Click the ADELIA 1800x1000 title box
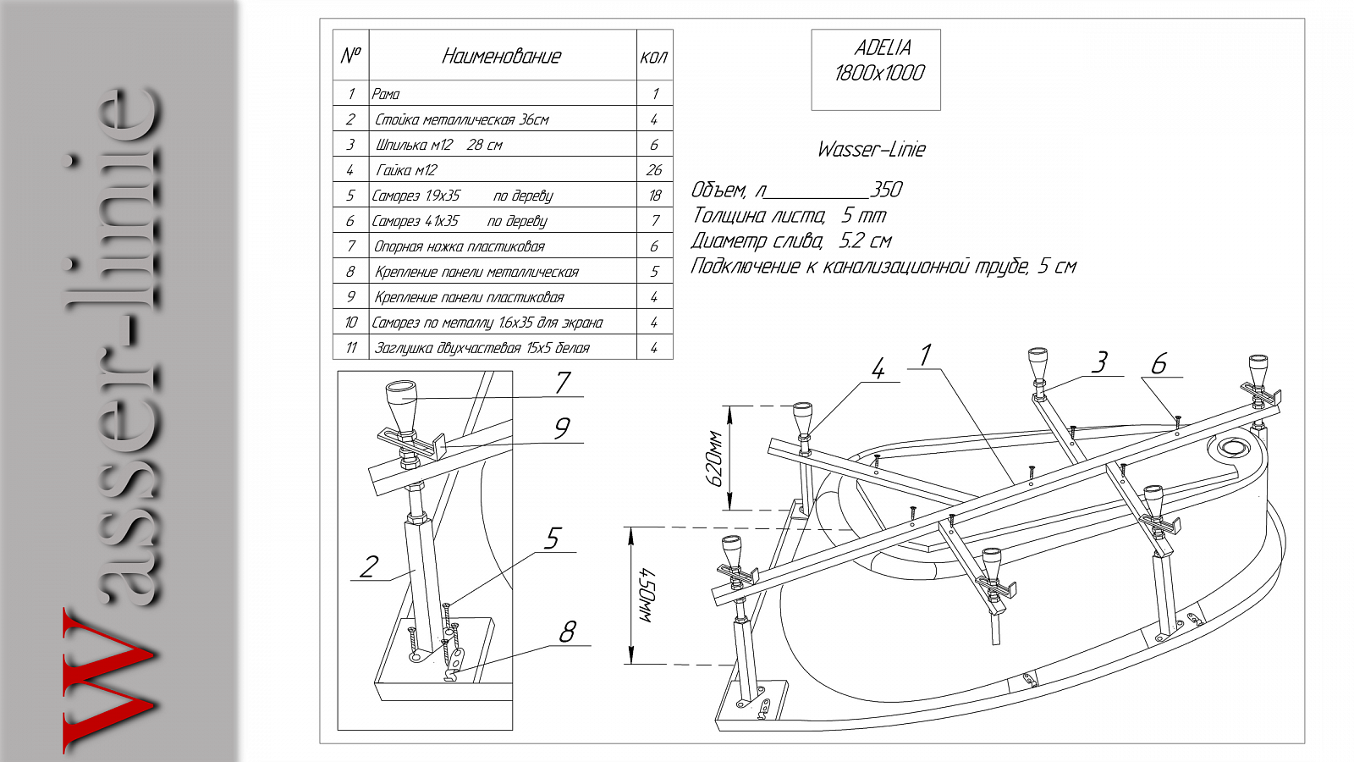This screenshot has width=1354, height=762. (x=876, y=69)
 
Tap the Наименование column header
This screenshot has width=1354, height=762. (x=502, y=56)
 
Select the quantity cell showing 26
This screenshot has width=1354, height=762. (x=654, y=170)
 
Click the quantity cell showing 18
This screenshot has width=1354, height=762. (x=654, y=196)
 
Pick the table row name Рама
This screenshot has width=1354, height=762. (x=386, y=94)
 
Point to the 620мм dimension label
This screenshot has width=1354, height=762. (x=714, y=459)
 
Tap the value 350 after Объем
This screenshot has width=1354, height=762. (x=886, y=190)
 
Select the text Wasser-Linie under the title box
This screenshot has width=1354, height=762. (x=871, y=149)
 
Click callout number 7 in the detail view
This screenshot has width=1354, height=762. (x=563, y=382)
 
